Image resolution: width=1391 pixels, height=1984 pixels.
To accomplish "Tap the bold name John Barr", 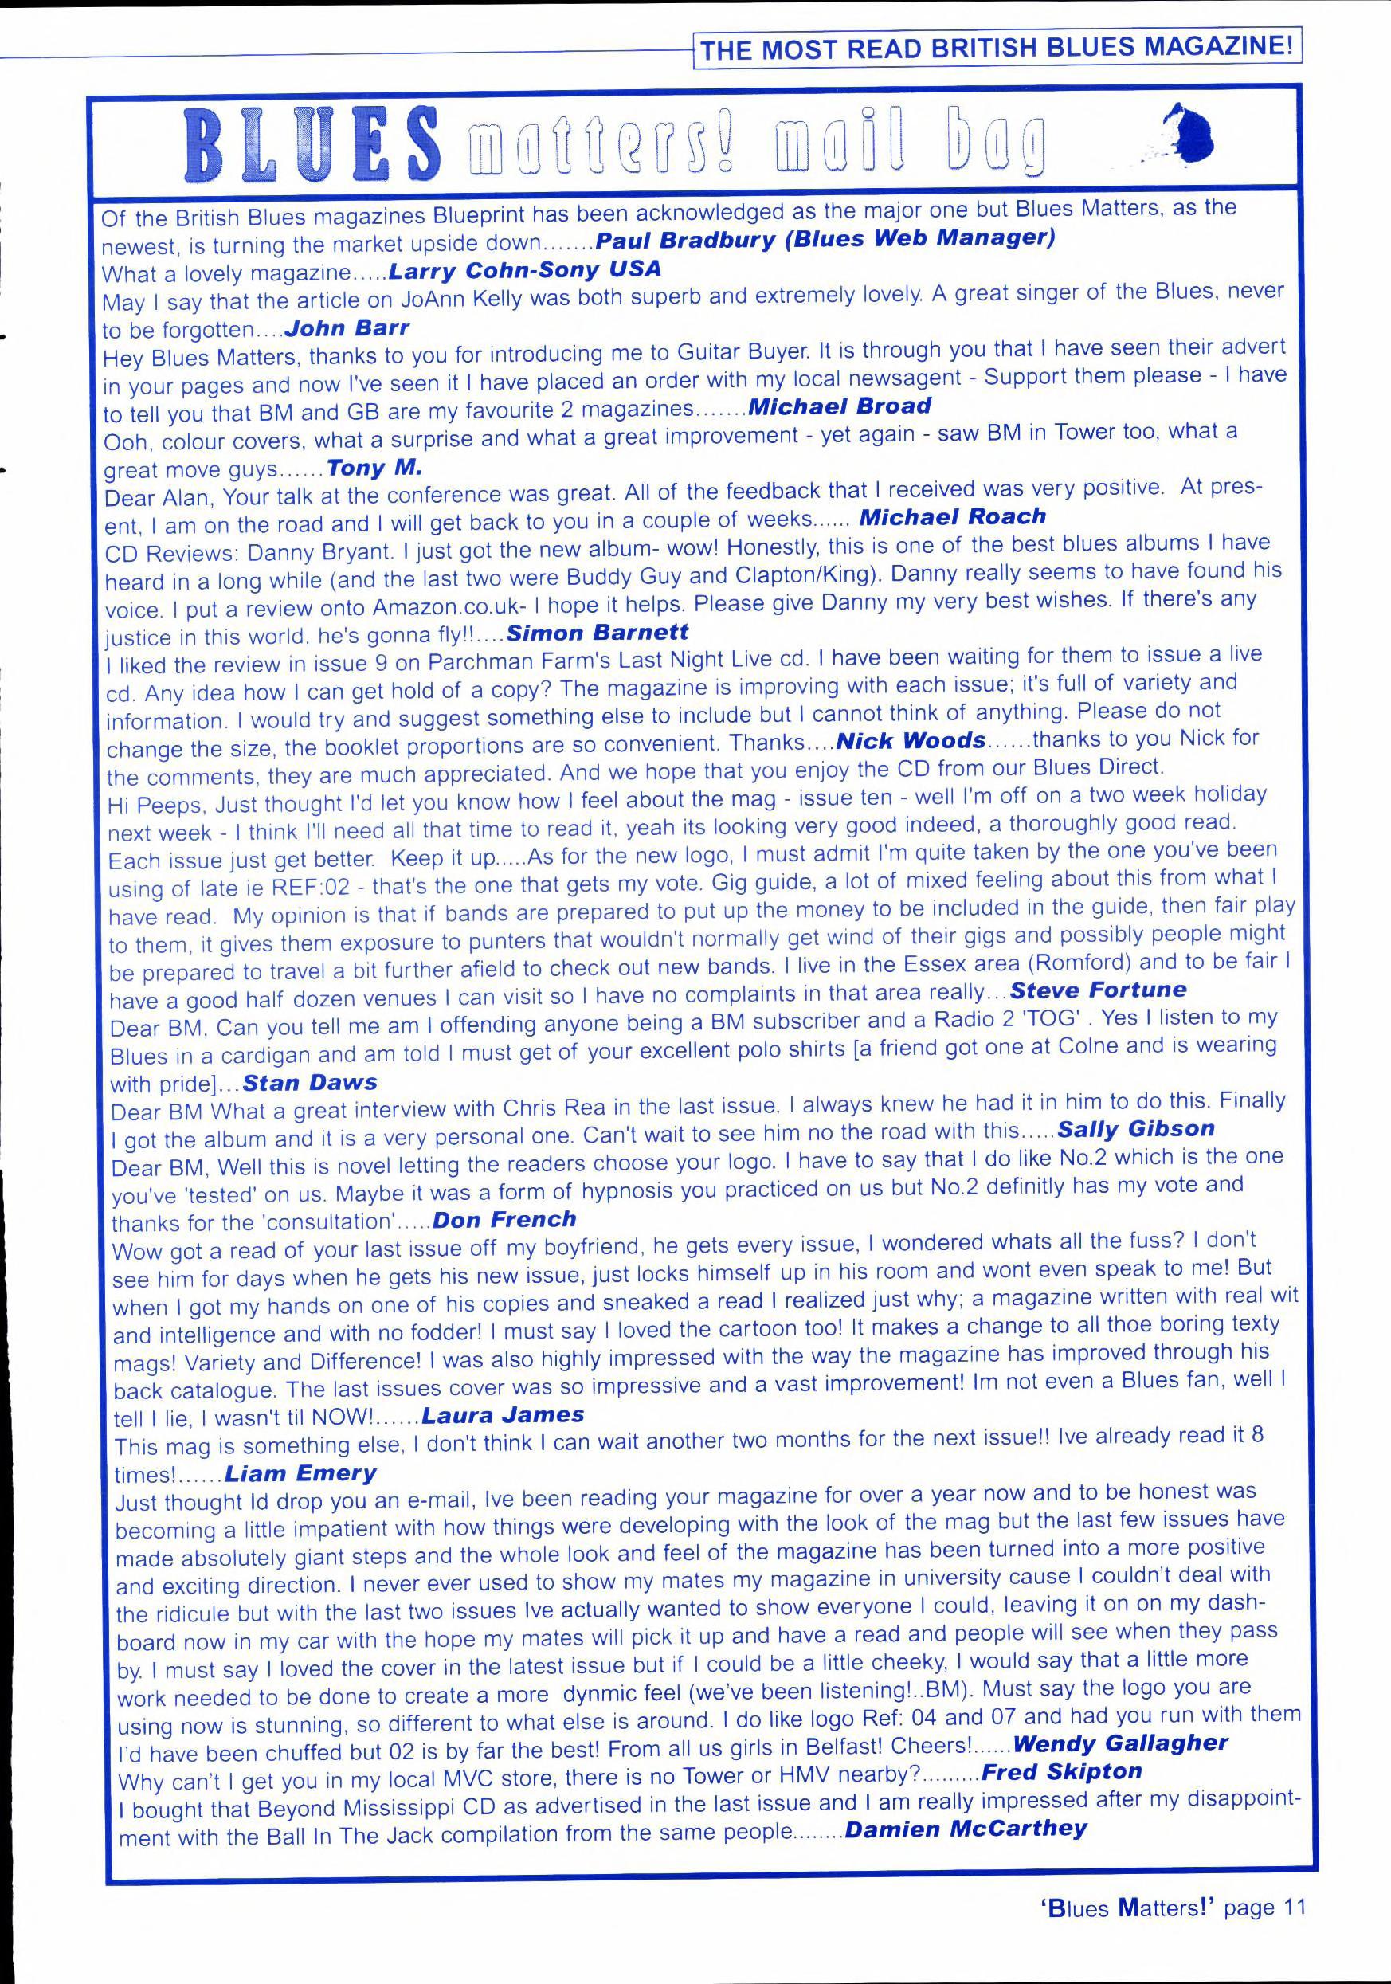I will pyautogui.click(x=346, y=328).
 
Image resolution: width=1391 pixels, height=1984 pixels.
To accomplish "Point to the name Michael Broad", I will pyautogui.click(x=839, y=406).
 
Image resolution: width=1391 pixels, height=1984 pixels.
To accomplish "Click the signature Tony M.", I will pyautogui.click(x=375, y=469).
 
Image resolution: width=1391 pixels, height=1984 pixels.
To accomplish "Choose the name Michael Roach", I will pyautogui.click(x=952, y=517).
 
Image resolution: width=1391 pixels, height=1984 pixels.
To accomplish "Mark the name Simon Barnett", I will pyautogui.click(x=597, y=633).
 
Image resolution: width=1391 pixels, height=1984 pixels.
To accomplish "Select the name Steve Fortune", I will pyautogui.click(x=1098, y=990).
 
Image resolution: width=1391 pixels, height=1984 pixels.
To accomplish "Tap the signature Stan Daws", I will pyautogui.click(x=310, y=1082).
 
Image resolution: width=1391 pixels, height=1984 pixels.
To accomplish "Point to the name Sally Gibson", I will pyautogui.click(x=1135, y=1128).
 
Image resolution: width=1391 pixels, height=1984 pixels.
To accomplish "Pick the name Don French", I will pyautogui.click(x=504, y=1219).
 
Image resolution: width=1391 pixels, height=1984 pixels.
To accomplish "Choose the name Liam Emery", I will pyautogui.click(x=300, y=1472).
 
